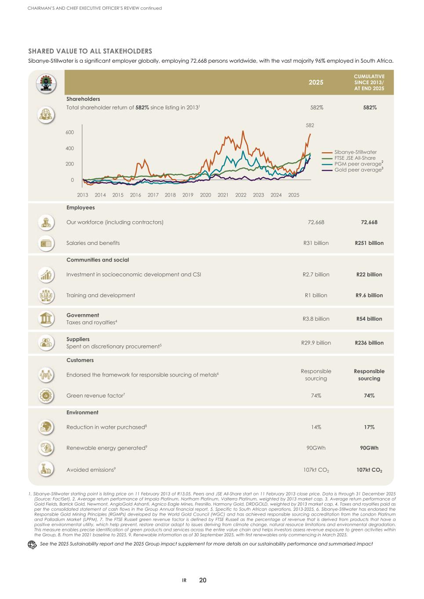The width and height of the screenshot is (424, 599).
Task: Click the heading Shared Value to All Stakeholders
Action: tap(90, 51)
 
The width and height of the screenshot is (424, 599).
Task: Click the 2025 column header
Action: tap(315, 82)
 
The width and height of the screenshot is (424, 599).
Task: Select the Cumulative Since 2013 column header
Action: tap(369, 82)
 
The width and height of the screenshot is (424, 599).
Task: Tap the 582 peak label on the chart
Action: tap(310, 126)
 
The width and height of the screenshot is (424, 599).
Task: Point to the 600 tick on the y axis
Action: tap(70, 132)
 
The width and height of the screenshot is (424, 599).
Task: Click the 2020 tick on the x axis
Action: tap(205, 195)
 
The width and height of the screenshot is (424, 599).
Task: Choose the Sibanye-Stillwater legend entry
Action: tap(355, 152)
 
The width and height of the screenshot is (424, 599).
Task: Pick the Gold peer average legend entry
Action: tap(358, 170)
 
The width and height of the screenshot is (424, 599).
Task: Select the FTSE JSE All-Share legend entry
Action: tap(355, 158)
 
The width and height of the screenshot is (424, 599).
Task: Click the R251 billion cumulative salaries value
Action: tap(369, 243)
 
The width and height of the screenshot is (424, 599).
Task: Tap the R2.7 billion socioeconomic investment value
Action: tap(315, 274)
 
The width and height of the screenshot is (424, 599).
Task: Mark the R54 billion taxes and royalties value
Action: tap(369, 319)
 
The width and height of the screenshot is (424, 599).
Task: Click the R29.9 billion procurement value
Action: tap(315, 343)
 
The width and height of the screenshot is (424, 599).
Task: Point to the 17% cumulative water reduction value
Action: tap(369, 427)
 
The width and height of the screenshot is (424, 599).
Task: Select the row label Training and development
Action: tap(101, 295)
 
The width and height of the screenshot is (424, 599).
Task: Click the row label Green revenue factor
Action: tap(95, 395)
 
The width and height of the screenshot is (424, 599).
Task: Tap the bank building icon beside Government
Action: tap(46, 319)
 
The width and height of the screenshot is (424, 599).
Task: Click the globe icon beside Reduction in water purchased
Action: tap(46, 427)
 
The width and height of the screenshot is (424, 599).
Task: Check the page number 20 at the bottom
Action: tap(203, 580)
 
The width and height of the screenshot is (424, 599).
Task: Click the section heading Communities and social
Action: tap(98, 260)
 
